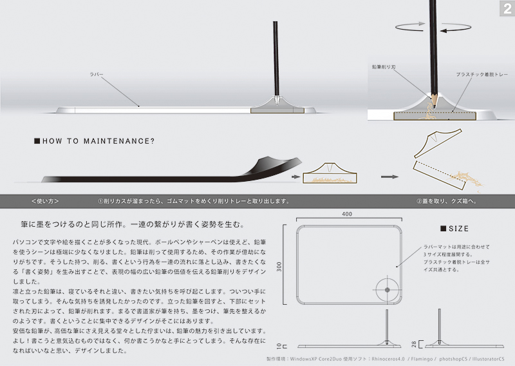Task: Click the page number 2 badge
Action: pos(506,8)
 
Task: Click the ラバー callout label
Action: pos(97,75)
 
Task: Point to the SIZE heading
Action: pos(454,229)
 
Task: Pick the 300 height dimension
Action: pos(280,267)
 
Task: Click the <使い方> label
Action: pos(45,200)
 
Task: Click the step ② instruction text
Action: pos(445,200)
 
